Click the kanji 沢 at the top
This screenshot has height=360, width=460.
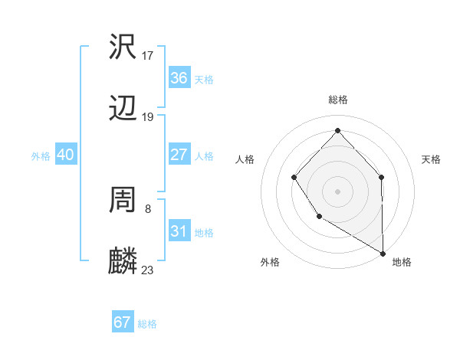click(x=123, y=47)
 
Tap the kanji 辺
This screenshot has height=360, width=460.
click(x=123, y=110)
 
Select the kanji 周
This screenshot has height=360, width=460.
click(x=123, y=200)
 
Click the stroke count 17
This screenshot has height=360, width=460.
click(x=148, y=55)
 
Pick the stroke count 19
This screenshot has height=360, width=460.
click(x=148, y=117)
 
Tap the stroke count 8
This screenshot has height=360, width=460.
click(x=148, y=208)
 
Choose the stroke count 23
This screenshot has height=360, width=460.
click(x=148, y=270)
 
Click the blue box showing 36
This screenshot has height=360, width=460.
click(x=179, y=78)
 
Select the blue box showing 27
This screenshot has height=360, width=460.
click(x=179, y=155)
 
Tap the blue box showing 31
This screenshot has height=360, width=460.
click(x=179, y=231)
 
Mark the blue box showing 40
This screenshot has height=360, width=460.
click(x=65, y=155)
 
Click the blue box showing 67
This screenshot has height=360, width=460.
click(x=122, y=322)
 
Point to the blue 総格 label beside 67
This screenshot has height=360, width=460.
click(x=147, y=324)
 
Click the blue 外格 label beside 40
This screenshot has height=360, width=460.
click(x=41, y=156)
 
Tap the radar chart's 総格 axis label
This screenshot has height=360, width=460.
click(x=337, y=100)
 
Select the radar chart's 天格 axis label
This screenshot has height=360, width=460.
click(x=431, y=159)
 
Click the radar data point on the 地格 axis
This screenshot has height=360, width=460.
click(x=383, y=253)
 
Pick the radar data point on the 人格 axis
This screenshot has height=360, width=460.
click(x=294, y=178)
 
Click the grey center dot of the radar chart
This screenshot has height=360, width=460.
click(x=337, y=191)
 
